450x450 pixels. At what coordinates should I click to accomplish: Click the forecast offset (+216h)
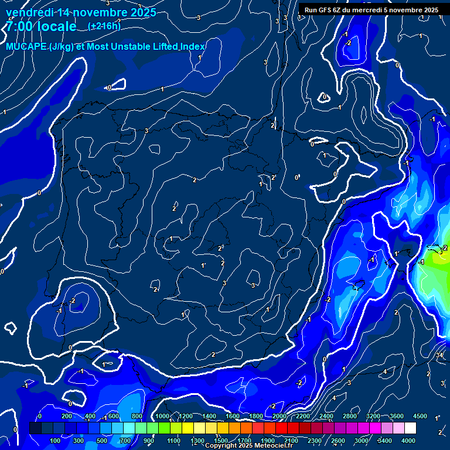[x=104, y=26]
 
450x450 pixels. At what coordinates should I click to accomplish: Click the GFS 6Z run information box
[x=371, y=10]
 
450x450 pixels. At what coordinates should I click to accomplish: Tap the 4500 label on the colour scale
[x=420, y=416]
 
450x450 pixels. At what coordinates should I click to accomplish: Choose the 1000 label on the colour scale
[x=162, y=416]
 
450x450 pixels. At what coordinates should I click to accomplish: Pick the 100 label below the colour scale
[x=56, y=441]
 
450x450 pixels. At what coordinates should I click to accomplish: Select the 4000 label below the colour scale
[x=408, y=441]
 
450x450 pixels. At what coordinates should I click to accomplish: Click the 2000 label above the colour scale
[x=279, y=416]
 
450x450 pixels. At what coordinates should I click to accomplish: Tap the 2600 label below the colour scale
[x=338, y=441]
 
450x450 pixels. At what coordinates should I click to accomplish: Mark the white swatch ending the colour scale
[x=410, y=428]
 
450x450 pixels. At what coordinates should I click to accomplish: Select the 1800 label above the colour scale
[x=256, y=416]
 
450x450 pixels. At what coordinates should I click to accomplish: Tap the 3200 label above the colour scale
[x=373, y=416]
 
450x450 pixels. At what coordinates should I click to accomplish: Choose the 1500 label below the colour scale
[x=221, y=441]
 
